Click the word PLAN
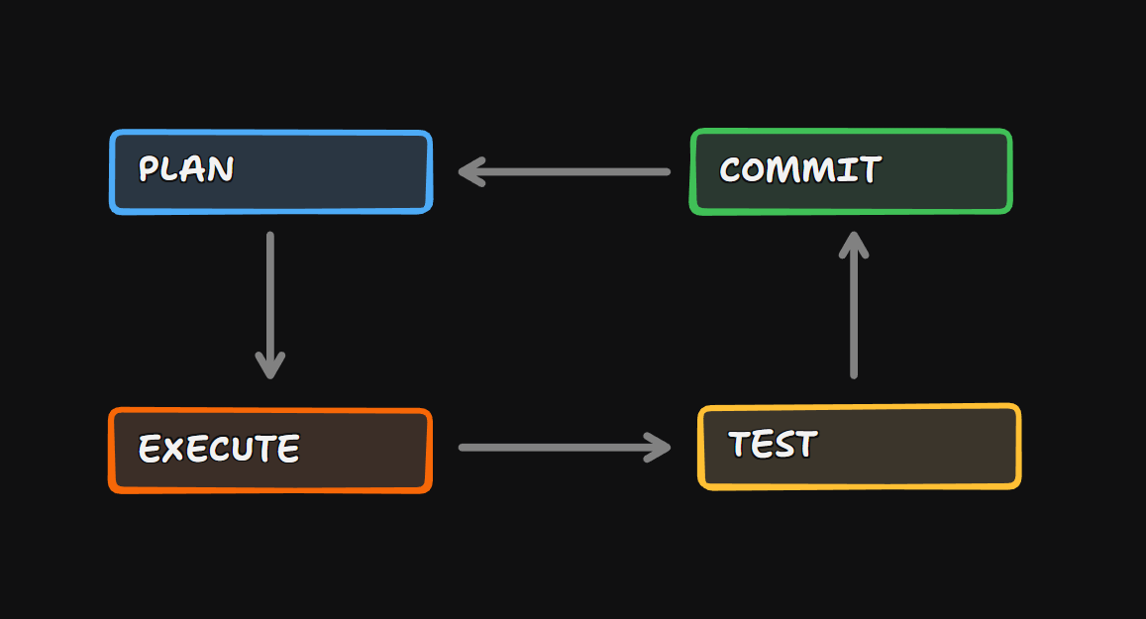point(186,169)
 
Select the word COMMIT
point(799,170)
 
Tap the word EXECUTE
point(219,449)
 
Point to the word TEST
point(773,445)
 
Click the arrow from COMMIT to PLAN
point(565,172)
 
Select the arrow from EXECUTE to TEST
point(565,448)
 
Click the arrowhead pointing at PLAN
point(469,172)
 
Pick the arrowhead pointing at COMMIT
point(854,244)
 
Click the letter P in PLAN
point(150,169)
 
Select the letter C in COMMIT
point(732,170)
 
